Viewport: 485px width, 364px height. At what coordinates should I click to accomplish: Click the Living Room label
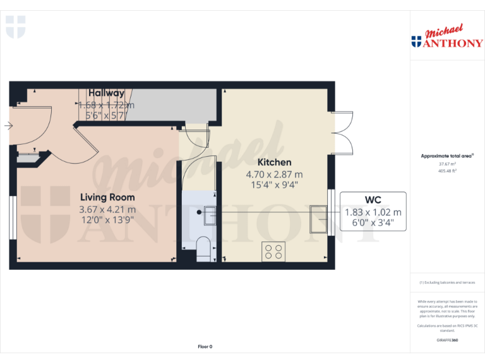pos(107,197)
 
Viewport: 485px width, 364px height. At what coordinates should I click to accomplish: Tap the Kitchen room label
pos(274,162)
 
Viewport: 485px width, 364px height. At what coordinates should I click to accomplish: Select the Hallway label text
pos(106,93)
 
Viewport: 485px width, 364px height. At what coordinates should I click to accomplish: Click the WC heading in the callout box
pos(373,200)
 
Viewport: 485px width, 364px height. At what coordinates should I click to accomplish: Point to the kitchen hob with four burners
pos(273,252)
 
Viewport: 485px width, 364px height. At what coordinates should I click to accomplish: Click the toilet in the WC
pos(203,248)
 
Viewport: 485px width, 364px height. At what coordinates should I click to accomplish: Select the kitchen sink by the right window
pos(318,218)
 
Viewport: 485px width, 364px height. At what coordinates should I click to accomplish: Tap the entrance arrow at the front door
pos(8,126)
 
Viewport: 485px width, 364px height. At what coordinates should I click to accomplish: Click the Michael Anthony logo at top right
pos(446,37)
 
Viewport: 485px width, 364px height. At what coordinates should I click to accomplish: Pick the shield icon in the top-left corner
pos(15,27)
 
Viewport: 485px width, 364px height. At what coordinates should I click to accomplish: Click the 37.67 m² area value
pos(447,163)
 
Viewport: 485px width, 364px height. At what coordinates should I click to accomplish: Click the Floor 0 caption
pos(205,346)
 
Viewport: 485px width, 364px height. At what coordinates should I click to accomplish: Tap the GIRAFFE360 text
pos(447,340)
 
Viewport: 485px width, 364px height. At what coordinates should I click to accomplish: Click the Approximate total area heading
pos(447,155)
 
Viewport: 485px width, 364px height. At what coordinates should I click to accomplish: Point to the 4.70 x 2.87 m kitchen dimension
pos(274,174)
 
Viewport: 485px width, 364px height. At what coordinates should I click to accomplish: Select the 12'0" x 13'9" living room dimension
pos(107,220)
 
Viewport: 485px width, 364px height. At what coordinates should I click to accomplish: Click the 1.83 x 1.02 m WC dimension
pos(373,212)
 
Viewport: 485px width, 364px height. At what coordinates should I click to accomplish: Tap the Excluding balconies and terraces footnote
pos(447,282)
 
